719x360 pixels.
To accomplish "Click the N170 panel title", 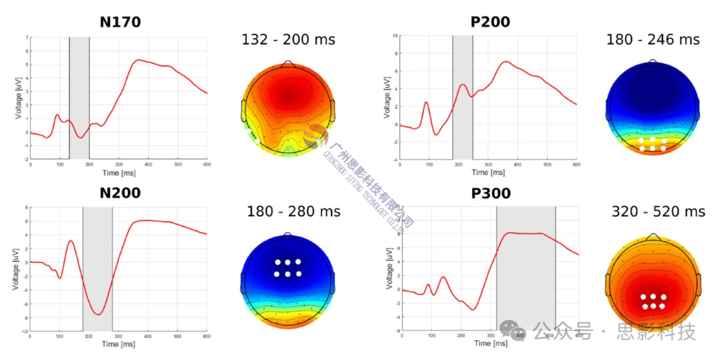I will click(x=120, y=22).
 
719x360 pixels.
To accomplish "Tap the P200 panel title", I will click(x=490, y=22).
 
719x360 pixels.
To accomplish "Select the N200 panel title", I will click(x=120, y=194).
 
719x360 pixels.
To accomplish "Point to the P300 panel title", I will click(x=490, y=194).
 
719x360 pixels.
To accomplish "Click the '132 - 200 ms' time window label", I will click(x=288, y=40).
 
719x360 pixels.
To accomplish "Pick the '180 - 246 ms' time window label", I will click(x=652, y=40).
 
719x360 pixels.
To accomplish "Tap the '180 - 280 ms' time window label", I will click(x=293, y=212).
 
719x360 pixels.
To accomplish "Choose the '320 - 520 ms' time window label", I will click(x=658, y=212).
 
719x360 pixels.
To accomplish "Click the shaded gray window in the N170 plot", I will click(x=79, y=98).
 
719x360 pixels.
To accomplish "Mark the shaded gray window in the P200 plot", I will click(x=463, y=97).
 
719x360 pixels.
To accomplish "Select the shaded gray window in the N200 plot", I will click(x=97, y=269).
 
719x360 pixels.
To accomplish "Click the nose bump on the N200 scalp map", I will click(x=288, y=234).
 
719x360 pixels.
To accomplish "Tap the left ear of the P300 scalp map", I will click(x=608, y=288).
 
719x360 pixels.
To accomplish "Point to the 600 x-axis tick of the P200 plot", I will click(x=577, y=164).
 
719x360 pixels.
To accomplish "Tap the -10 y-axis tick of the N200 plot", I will click(x=24, y=331).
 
